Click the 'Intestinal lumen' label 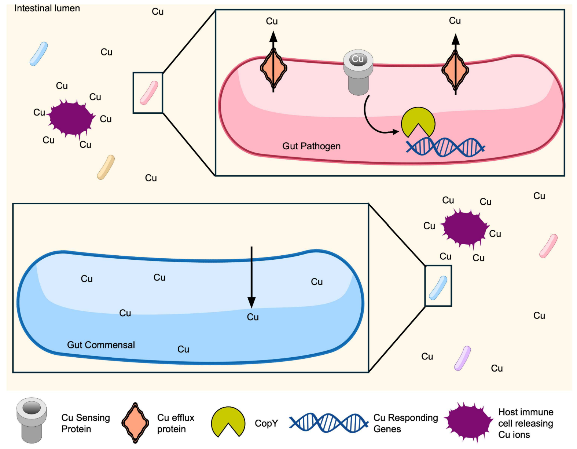pos(47,8)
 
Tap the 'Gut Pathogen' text pos(311,146)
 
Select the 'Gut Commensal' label pos(101,345)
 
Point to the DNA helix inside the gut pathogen pos(445,147)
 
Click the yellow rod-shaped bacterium pos(106,167)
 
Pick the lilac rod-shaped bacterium pos(463,358)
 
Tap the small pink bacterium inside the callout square pos(149,93)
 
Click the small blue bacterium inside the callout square pos(438,288)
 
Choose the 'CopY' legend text pos(266,423)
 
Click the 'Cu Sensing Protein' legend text pos(85,423)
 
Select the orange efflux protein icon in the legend pos(135,423)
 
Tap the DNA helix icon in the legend pos(328,423)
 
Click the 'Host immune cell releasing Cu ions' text pos(525,423)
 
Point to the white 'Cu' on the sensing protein pos(358,59)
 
